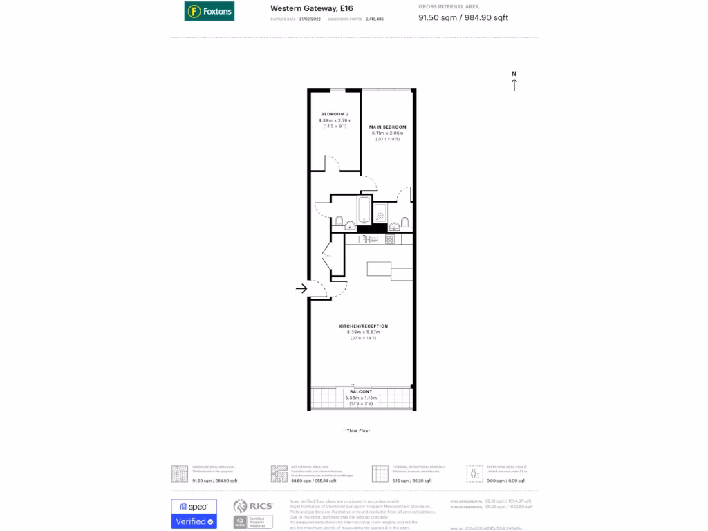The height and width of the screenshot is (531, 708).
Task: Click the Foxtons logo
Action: coord(209,11)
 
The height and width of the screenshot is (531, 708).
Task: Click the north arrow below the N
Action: coord(514,85)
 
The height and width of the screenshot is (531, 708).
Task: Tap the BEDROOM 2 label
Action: coord(334,114)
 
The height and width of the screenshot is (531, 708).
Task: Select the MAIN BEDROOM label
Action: coord(387,127)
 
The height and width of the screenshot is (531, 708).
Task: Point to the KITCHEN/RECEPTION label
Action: coord(363,326)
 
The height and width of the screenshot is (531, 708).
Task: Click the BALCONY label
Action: coord(361,392)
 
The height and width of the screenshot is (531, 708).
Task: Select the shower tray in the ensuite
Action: coord(381,212)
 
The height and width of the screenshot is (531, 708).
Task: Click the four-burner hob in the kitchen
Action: coord(390,239)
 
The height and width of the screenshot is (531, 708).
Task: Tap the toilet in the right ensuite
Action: coord(405,222)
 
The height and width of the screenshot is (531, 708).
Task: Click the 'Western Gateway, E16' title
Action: coord(302,8)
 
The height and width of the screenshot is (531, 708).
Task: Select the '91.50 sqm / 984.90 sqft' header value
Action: coord(463,18)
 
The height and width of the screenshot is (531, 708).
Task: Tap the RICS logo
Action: coord(253,506)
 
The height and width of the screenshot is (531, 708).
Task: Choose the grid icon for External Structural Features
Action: coord(380,473)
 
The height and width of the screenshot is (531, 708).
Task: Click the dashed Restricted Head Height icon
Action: coord(474,473)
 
